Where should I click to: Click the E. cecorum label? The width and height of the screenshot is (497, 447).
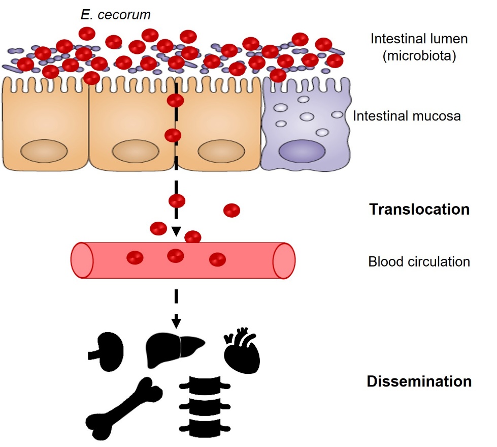(x=115, y=15)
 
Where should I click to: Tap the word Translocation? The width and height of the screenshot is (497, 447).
(x=419, y=209)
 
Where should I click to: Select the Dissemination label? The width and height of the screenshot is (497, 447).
(x=419, y=381)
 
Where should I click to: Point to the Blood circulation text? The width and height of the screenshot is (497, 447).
(x=419, y=262)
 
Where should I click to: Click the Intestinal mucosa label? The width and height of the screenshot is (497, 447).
(x=407, y=116)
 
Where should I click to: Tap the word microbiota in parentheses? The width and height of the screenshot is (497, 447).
(x=419, y=55)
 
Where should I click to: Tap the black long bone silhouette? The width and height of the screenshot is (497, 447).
(x=125, y=404)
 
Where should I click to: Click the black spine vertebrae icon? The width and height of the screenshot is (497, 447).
(x=205, y=407)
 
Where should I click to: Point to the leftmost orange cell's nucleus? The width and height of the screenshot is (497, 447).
(x=44, y=152)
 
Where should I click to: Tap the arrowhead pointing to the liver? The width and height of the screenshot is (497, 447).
(x=176, y=322)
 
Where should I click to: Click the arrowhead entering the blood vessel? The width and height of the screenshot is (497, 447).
(x=176, y=232)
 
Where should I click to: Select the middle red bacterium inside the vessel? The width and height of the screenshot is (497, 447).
(x=176, y=256)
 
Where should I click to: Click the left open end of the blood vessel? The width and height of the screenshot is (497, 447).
(x=82, y=260)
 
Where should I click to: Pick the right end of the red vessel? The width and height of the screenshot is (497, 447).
(x=284, y=260)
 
